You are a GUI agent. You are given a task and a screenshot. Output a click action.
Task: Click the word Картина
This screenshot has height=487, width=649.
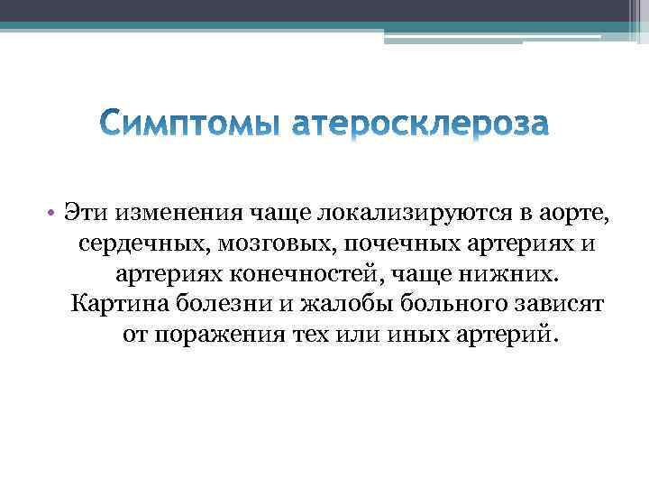115,304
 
